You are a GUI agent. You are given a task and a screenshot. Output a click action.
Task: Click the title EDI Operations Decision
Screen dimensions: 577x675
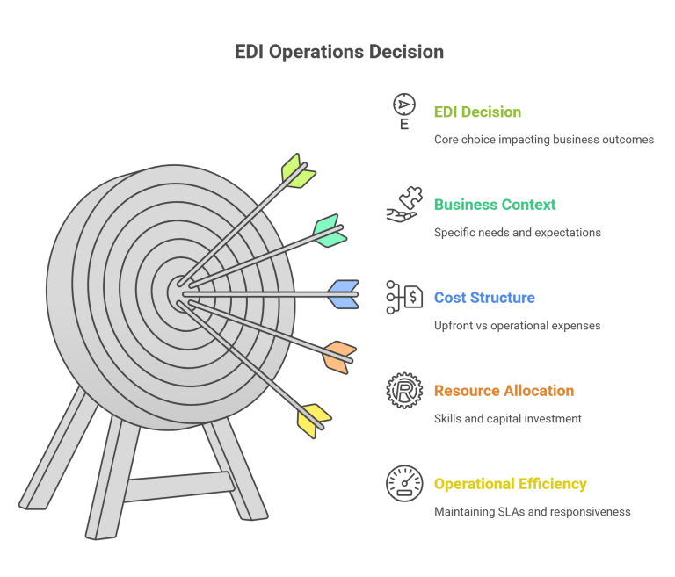coord(338,52)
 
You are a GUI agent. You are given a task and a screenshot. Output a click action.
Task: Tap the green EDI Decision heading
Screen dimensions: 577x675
coord(477,112)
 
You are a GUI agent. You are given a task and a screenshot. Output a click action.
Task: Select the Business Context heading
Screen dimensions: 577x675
coord(495,205)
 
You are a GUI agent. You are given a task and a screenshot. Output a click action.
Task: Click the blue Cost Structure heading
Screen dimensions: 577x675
coord(484,298)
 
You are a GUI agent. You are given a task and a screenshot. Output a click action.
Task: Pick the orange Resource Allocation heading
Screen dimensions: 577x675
coord(504,391)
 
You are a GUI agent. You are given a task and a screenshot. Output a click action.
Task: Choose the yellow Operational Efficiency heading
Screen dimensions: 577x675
coord(510,484)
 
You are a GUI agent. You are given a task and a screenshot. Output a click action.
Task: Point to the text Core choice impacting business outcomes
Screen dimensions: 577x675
coord(543,140)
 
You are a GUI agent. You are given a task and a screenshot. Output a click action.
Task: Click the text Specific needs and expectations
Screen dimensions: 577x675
coord(517,233)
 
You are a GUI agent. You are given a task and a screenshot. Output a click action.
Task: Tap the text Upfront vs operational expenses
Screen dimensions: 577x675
coord(517,326)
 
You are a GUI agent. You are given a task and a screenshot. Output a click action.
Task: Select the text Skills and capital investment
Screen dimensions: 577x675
coord(507,419)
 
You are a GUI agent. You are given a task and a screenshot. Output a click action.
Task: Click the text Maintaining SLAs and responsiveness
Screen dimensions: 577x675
coord(532,512)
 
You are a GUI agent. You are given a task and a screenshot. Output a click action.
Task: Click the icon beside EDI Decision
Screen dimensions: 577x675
coord(404,111)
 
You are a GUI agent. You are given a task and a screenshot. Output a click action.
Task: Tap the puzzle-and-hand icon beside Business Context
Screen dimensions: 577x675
coord(404,205)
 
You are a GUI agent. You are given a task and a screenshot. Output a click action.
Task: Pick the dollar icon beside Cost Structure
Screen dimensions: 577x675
coord(404,298)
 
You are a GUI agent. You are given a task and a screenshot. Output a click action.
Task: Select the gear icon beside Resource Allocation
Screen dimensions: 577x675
coord(404,391)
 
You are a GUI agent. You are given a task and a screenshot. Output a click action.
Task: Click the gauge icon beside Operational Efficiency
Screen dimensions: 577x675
coord(404,484)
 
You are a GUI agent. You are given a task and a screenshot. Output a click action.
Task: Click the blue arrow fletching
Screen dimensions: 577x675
coord(344,294)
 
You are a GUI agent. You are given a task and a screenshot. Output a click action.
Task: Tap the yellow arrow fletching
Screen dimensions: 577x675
coord(314,420)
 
